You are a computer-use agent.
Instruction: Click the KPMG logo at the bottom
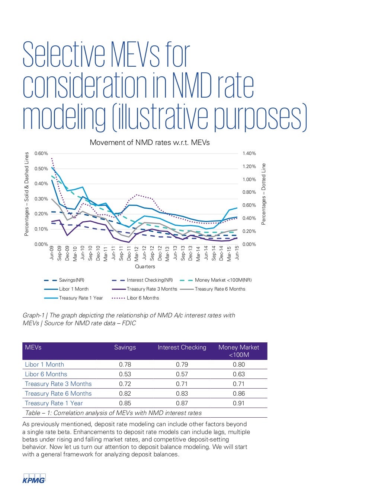point(34,479)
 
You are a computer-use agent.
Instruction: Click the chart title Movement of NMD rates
point(150,143)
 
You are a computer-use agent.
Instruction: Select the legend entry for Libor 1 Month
point(74,289)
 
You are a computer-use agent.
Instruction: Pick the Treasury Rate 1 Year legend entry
point(81,298)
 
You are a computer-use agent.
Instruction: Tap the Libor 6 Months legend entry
point(143,298)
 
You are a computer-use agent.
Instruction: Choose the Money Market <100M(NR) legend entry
point(223,280)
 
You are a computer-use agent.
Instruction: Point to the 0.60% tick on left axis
point(41,153)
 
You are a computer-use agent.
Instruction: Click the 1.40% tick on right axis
point(249,153)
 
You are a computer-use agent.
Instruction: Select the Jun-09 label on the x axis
point(52,253)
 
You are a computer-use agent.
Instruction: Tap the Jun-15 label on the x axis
point(237,253)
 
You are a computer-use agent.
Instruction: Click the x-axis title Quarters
point(145,267)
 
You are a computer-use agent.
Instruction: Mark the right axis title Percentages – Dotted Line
point(264,194)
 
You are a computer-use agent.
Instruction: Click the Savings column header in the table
point(125,348)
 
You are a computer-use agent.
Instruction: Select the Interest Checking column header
point(182,348)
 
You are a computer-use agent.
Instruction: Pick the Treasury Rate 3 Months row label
point(58,384)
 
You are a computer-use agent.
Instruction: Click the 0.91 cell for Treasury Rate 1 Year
point(239,403)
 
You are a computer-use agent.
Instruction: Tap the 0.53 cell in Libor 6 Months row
point(125,374)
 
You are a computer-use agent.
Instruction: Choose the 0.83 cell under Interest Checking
point(182,394)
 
